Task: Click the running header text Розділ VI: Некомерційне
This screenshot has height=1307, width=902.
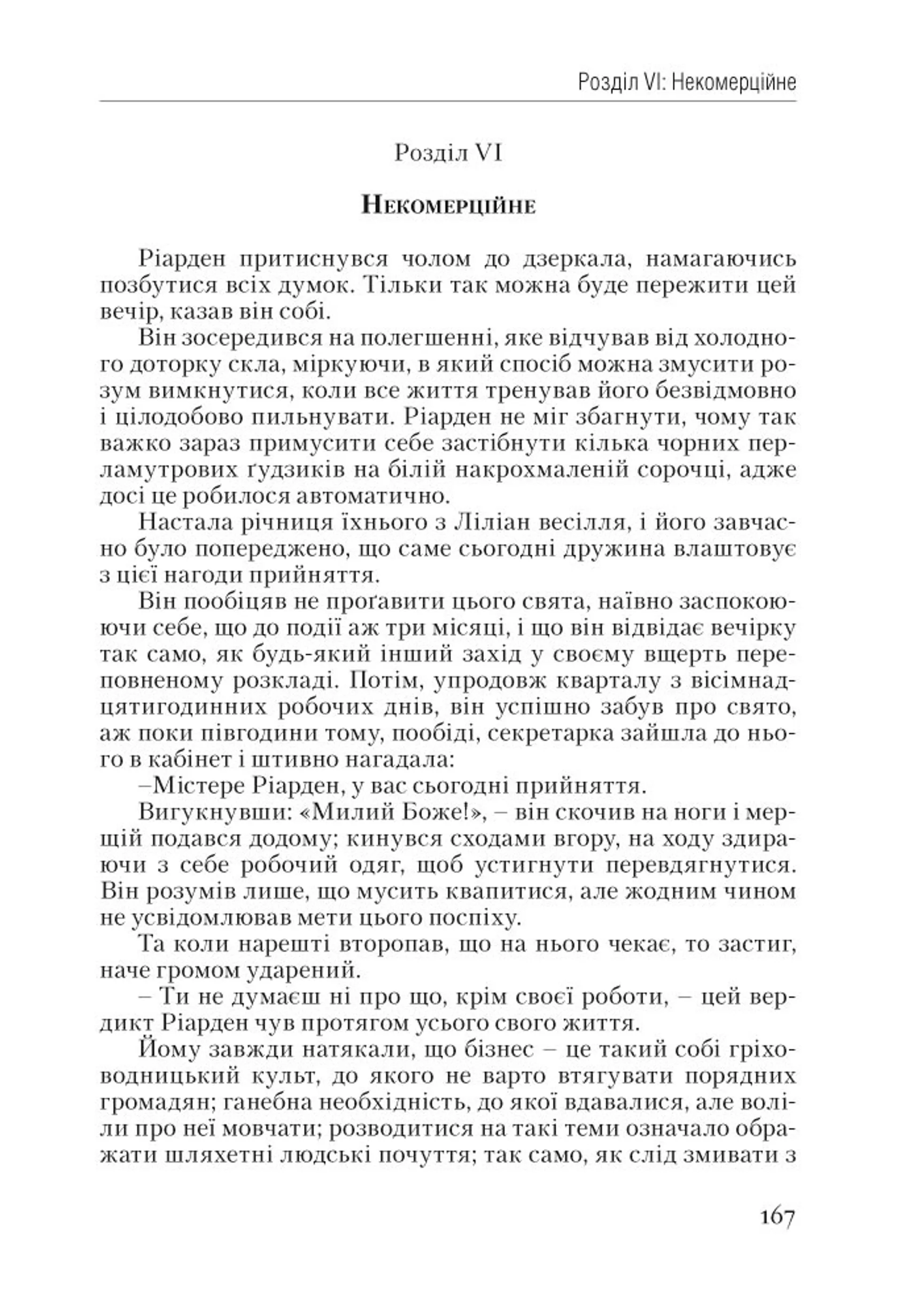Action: coord(687,83)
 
